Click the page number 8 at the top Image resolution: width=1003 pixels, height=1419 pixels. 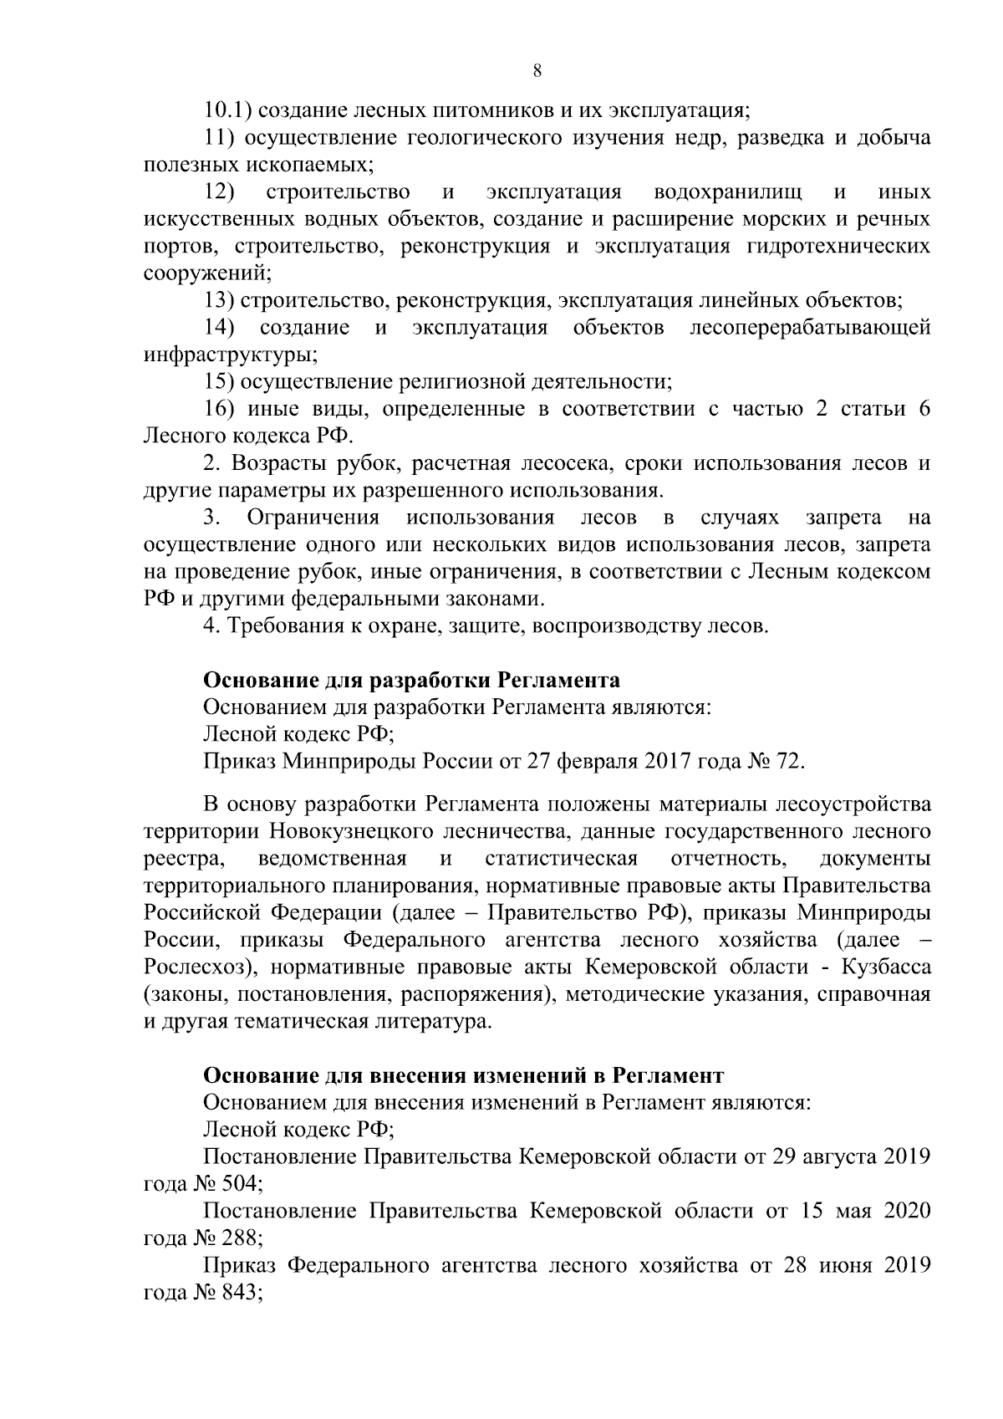click(537, 71)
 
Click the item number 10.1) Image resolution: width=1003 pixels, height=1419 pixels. click(230, 110)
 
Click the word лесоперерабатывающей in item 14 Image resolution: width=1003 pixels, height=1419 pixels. click(810, 328)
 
